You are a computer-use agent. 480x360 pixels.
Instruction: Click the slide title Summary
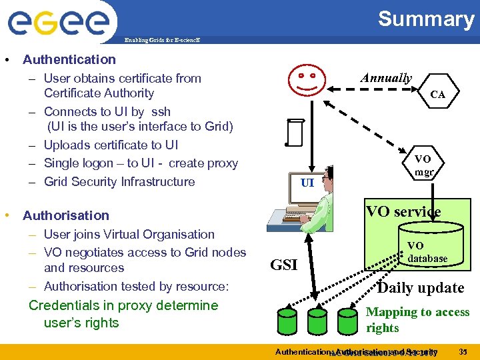pos(425,19)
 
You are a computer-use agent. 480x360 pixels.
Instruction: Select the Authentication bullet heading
pos(69,59)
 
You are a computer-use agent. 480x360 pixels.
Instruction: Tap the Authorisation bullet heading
pos(65,215)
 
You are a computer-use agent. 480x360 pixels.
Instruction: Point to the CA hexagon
pos(437,95)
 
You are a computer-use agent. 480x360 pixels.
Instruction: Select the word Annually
pos(385,78)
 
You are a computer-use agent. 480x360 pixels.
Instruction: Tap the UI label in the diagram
pos(307,182)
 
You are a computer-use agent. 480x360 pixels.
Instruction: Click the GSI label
pos(283,265)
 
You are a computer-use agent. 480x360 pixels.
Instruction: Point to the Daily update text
pos(420,288)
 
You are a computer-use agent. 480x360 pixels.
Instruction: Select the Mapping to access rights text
pos(417,320)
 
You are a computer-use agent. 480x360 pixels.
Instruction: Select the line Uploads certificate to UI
pos(111,145)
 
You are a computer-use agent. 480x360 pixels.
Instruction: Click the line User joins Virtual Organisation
pos(129,234)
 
